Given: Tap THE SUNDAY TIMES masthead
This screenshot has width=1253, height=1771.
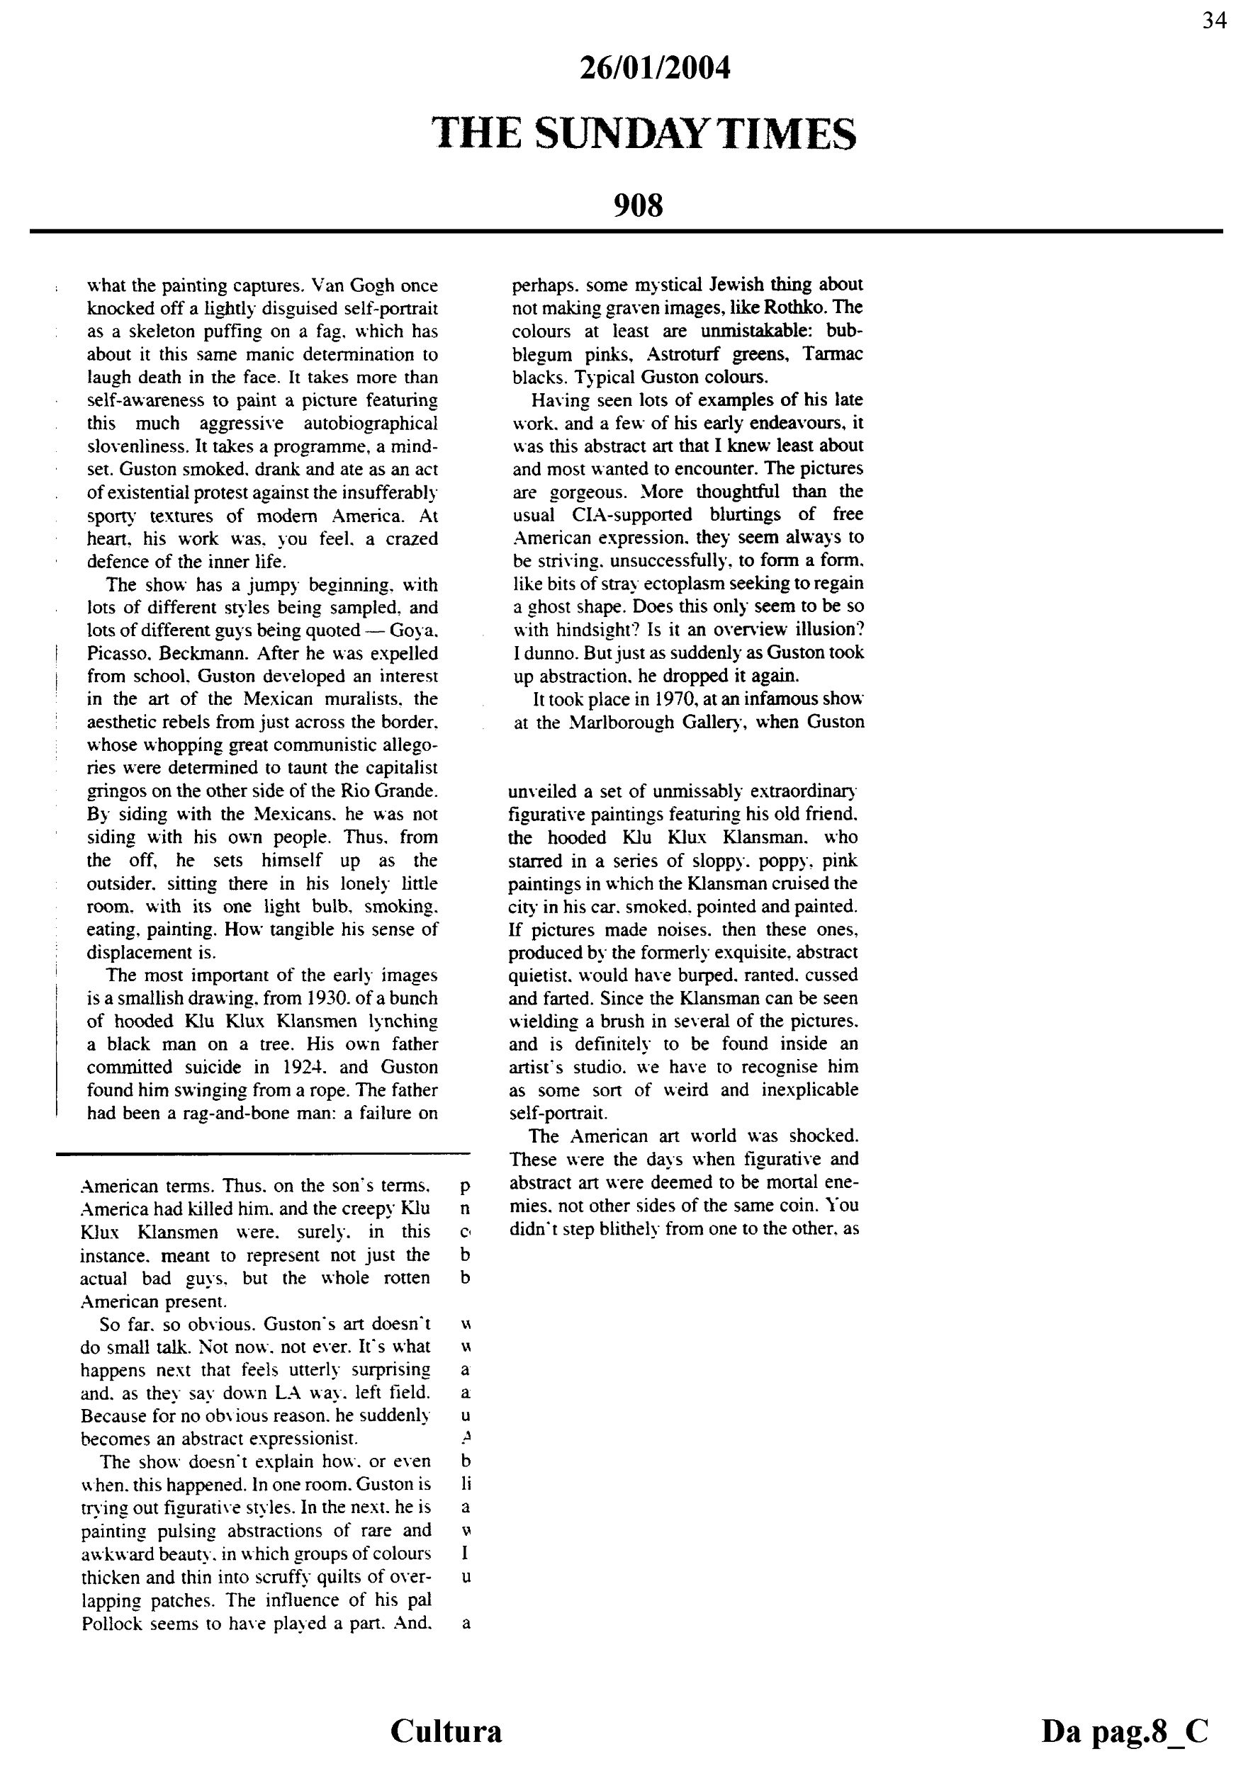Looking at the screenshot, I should pos(644,133).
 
